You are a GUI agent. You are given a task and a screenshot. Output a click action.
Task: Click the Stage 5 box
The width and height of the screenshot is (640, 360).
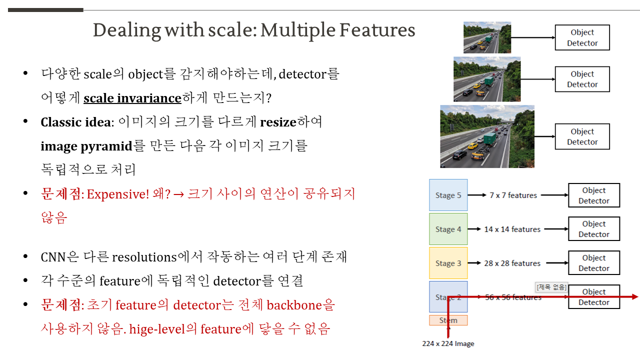click(x=448, y=195)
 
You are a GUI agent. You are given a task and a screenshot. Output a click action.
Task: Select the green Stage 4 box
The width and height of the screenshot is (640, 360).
click(x=448, y=229)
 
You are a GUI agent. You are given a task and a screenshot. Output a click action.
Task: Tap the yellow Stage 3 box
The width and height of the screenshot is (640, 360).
click(x=448, y=263)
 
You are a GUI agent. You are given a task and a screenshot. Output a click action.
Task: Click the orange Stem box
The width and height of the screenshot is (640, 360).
click(x=448, y=320)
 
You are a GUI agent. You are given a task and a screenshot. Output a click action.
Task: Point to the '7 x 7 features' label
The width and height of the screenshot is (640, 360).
click(x=513, y=195)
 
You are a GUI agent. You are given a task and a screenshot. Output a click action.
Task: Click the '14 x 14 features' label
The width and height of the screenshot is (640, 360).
click(x=512, y=229)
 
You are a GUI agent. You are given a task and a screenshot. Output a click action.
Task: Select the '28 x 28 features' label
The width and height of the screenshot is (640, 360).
click(x=512, y=263)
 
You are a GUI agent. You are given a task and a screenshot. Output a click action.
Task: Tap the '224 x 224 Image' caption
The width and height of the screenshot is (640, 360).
click(x=448, y=343)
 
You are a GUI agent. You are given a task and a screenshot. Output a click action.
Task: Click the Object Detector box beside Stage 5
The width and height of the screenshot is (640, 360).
click(x=594, y=195)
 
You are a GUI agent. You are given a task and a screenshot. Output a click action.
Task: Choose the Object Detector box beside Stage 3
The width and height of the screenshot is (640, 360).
click(x=594, y=263)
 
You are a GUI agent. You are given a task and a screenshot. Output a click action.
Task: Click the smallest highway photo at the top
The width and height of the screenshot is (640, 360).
click(x=487, y=37)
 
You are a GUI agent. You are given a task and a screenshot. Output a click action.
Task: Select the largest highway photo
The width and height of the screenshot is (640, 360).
click(x=487, y=136)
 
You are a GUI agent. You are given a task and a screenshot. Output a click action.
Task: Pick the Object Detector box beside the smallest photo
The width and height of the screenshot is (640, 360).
click(x=582, y=37)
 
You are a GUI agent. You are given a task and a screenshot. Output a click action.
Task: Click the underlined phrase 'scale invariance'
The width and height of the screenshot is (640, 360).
click(x=132, y=98)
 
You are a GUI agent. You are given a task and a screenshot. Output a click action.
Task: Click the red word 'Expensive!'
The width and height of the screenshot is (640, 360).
click(x=118, y=194)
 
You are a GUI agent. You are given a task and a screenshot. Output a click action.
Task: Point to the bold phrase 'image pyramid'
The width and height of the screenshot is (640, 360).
click(x=86, y=146)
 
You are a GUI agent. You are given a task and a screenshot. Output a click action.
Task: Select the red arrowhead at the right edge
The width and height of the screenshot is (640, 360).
click(x=635, y=297)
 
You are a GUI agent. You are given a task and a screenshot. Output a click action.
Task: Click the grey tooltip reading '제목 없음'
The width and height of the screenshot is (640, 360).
click(x=551, y=287)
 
